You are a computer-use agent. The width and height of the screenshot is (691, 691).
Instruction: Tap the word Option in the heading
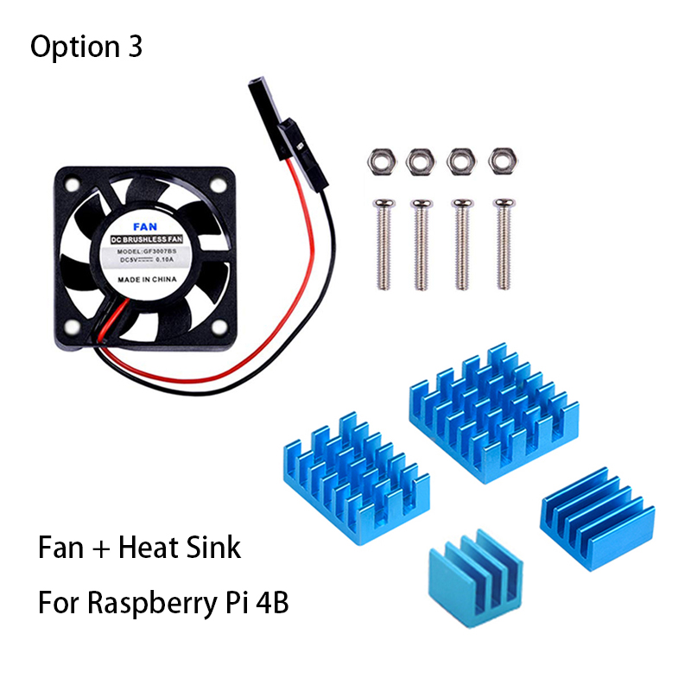71,47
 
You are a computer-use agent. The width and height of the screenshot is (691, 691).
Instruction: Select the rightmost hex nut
502,160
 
